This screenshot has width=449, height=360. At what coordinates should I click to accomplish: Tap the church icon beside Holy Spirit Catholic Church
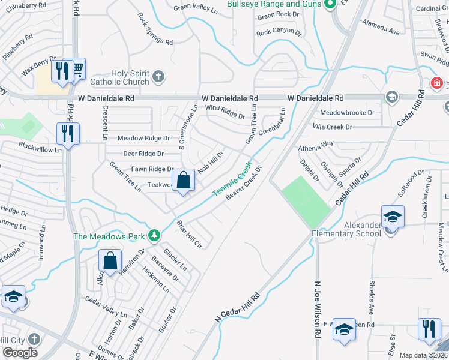tap(158, 76)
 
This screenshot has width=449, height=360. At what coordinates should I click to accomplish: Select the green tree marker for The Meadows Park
tap(155, 235)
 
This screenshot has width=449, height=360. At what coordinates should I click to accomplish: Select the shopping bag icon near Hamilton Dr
tap(110, 261)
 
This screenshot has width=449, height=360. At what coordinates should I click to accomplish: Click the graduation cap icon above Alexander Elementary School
tap(393, 216)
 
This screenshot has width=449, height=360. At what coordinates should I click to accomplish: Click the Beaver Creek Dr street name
tap(244, 183)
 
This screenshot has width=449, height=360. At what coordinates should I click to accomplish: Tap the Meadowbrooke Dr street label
tap(347, 112)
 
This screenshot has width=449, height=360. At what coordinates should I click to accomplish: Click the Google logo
tap(20, 353)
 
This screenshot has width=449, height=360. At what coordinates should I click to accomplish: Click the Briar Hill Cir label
tap(188, 234)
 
